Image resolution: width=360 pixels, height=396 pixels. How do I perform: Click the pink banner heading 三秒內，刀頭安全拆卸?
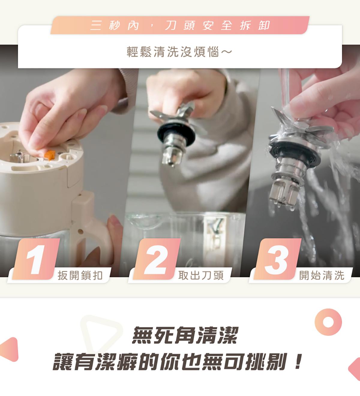pos(180,25)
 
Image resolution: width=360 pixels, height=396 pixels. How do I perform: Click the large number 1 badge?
pos(36,259)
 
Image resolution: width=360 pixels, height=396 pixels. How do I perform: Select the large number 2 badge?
pos(157,259)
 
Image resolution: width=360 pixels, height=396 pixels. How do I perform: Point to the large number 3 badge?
pos(277,259)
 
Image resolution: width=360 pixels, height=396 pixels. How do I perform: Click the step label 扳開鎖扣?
pos(80,275)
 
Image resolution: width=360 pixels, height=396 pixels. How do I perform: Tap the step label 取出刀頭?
pos(201,275)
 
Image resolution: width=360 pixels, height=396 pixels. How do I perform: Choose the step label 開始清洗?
pos(322,275)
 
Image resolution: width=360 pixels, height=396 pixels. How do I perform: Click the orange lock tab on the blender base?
pos(50,155)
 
